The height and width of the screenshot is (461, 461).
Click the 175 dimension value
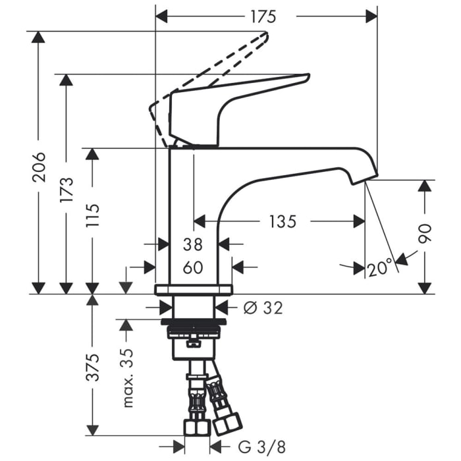pyautogui.click(x=262, y=16)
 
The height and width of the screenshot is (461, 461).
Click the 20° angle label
pyautogui.click(x=380, y=268)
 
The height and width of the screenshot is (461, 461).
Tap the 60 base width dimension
pyautogui.click(x=192, y=267)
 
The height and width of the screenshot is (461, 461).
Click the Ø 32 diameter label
pyautogui.click(x=262, y=307)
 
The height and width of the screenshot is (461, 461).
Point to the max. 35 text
pyautogui.click(x=128, y=377)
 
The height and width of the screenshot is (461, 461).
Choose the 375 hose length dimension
pyautogui.click(x=93, y=367)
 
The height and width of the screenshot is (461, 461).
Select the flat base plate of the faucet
pyautogui.click(x=194, y=290)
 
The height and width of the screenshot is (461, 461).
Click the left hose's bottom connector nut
pyautogui.click(x=194, y=428)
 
